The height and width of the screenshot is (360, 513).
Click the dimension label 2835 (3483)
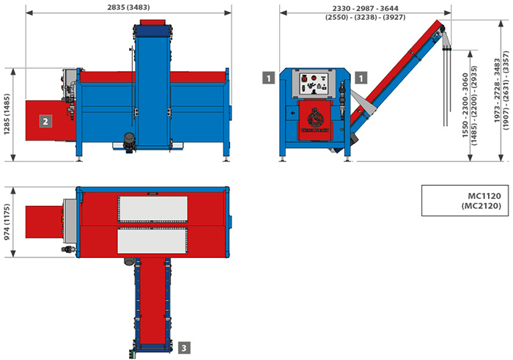[128, 7]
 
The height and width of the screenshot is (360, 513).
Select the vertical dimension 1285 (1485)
[7, 114]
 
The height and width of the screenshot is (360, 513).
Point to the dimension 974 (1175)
[7, 222]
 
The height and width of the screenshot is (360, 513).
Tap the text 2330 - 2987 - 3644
[365, 9]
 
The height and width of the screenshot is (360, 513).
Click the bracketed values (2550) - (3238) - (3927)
[365, 17]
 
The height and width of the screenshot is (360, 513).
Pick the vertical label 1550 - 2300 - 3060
[465, 105]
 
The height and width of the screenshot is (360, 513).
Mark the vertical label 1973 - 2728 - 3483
[497, 91]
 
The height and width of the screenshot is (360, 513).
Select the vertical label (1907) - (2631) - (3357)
[506, 90]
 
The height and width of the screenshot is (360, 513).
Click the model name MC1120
[484, 196]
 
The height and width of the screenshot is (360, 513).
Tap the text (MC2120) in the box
[481, 205]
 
